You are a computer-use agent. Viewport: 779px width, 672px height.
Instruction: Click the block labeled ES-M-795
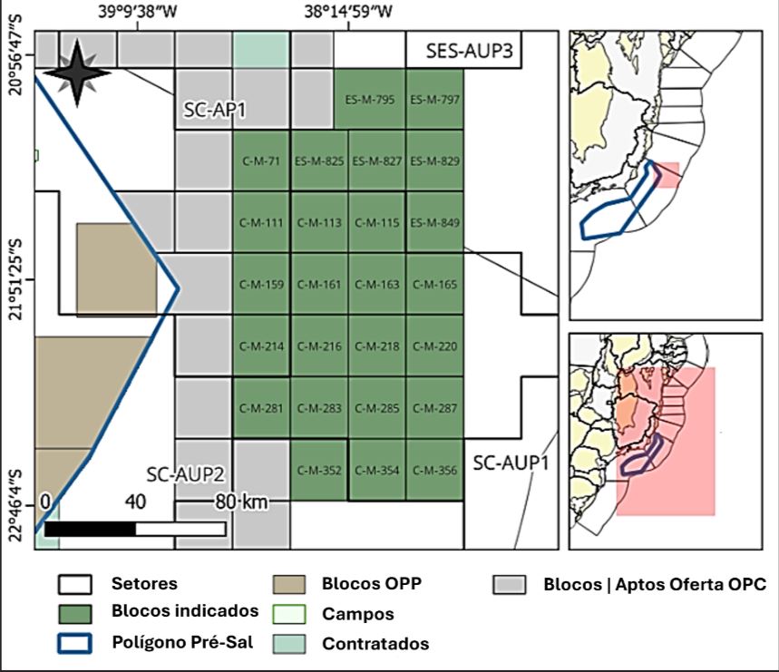(376, 100)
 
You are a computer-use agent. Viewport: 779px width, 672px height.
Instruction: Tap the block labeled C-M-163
(376, 285)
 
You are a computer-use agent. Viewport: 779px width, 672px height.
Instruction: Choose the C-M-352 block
(318, 470)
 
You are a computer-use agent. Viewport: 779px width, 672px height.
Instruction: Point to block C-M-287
(434, 408)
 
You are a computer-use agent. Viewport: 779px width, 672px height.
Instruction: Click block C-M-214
(261, 346)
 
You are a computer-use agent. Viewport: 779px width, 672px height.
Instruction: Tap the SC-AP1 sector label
(211, 110)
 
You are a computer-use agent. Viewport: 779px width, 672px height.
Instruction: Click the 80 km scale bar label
(238, 502)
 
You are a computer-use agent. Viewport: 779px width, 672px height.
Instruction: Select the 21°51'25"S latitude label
(15, 279)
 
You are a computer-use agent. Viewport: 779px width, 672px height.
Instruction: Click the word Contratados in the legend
(375, 644)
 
